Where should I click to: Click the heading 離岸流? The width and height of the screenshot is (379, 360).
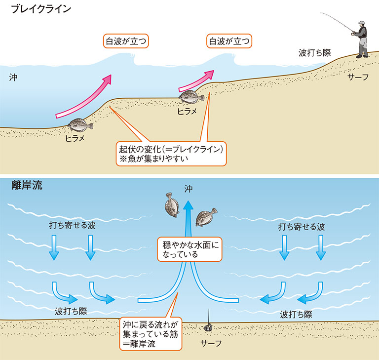tap(27, 185)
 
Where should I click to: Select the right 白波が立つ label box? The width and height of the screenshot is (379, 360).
tap(229, 40)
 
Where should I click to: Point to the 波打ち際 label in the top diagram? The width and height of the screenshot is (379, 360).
tap(314, 52)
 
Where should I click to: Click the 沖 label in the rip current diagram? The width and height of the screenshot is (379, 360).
tap(189, 188)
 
